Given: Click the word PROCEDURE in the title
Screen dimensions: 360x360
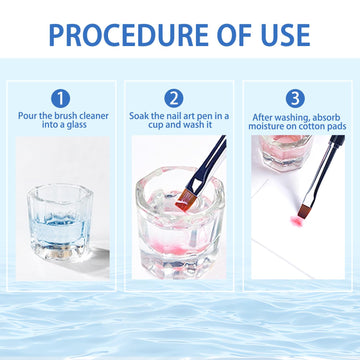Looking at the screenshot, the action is click(x=130, y=35).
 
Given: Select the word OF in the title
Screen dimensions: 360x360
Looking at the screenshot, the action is click(x=234, y=35).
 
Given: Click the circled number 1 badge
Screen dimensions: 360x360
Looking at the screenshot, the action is click(x=60, y=99).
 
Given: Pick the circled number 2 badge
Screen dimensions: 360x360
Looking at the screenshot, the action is click(x=174, y=99).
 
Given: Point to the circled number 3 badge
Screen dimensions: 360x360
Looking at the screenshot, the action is click(x=295, y=99).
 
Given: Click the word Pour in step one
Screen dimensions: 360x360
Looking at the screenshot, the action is click(x=26, y=116).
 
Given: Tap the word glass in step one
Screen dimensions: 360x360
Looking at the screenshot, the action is click(x=76, y=125).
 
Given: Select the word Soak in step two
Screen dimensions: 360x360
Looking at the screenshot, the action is click(x=138, y=116).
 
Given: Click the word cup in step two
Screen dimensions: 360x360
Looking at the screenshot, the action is click(x=156, y=126).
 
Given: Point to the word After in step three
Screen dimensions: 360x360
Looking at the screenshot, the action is click(x=261, y=117).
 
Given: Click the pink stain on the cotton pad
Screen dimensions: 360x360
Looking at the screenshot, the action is click(x=296, y=221).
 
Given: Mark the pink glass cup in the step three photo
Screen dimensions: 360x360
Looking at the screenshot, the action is click(x=285, y=153).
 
